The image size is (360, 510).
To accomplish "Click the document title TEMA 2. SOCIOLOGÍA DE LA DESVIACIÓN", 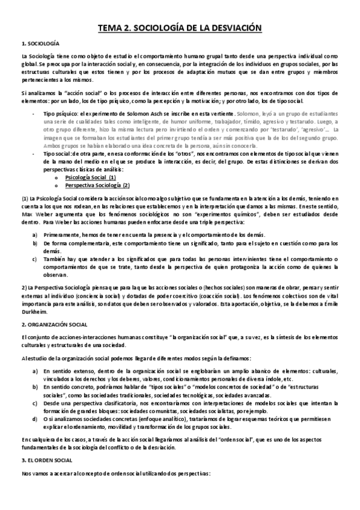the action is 180,27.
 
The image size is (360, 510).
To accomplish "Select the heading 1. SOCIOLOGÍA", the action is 40,44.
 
